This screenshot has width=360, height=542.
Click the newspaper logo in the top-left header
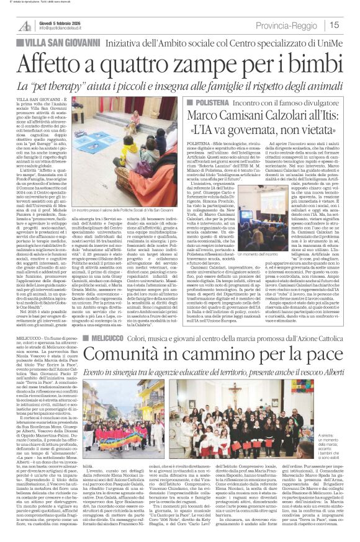[25, 25]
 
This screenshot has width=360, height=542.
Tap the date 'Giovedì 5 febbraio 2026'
[63, 22]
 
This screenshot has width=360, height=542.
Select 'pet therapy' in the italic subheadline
[80, 86]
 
